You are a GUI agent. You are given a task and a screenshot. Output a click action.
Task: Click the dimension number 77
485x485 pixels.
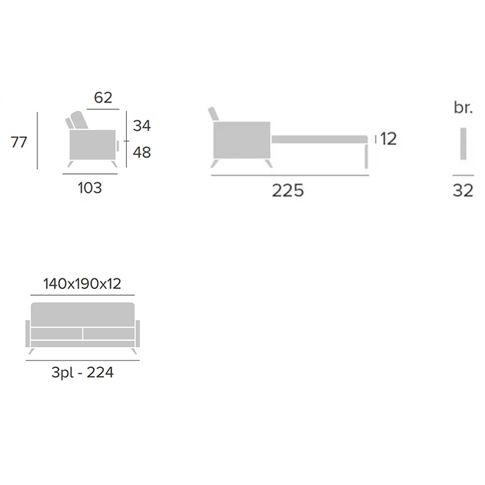click(19, 142)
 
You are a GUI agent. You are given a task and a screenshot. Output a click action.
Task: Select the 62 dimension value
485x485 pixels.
click(103, 98)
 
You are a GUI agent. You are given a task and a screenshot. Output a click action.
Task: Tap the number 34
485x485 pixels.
click(142, 126)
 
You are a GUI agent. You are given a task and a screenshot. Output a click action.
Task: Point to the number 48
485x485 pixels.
click(142, 152)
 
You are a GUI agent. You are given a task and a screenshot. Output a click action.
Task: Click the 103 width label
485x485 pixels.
click(89, 188)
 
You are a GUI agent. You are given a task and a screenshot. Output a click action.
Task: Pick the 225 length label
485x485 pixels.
click(288, 191)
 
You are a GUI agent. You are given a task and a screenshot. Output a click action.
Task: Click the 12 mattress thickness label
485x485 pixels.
click(389, 139)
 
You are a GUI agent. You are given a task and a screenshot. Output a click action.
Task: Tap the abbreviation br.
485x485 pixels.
click(464, 107)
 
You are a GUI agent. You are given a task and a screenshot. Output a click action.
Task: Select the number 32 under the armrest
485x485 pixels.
click(463, 191)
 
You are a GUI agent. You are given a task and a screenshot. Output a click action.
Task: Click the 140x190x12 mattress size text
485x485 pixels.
click(82, 284)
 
